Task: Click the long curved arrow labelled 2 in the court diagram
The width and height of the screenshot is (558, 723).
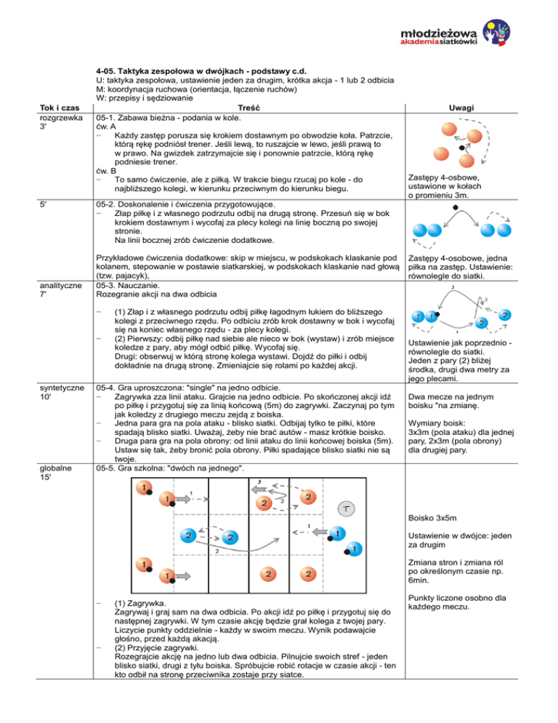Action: (217, 545)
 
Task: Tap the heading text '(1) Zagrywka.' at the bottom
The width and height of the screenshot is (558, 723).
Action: (141, 604)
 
